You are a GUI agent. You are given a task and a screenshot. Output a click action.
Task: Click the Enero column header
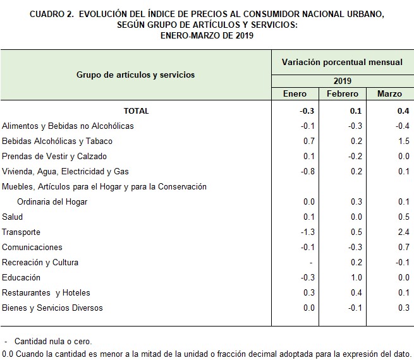(295, 94)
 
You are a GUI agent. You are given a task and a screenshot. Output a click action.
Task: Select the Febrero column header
(343, 94)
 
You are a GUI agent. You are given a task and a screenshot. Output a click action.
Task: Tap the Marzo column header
(389, 94)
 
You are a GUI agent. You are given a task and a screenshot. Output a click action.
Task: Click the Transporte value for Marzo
(404, 232)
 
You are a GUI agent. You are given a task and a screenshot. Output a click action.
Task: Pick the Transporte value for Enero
(308, 232)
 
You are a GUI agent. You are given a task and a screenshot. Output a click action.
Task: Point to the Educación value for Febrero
(356, 277)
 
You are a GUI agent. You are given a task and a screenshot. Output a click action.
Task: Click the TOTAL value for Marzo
(403, 111)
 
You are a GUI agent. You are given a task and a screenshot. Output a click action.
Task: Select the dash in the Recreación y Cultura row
(311, 263)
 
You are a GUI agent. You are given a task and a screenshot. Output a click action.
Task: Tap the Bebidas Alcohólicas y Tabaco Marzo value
(404, 141)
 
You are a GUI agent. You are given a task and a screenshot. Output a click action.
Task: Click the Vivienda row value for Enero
(308, 171)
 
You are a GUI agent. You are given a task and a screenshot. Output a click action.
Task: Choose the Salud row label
(13, 217)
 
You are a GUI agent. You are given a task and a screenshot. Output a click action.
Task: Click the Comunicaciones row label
(32, 248)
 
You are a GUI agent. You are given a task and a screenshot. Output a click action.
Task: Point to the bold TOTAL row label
(137, 111)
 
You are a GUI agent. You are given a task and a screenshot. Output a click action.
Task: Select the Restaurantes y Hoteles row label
(46, 293)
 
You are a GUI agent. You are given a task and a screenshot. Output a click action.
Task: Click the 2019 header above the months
(343, 81)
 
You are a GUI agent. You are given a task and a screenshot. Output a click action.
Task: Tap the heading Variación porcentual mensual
(342, 63)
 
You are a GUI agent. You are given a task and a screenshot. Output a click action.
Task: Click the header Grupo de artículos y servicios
(135, 75)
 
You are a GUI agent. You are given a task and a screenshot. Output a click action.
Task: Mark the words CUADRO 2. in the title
(52, 14)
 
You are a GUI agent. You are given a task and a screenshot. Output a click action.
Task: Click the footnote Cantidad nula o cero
(53, 341)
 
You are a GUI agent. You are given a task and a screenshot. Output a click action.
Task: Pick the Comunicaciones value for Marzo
(404, 248)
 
